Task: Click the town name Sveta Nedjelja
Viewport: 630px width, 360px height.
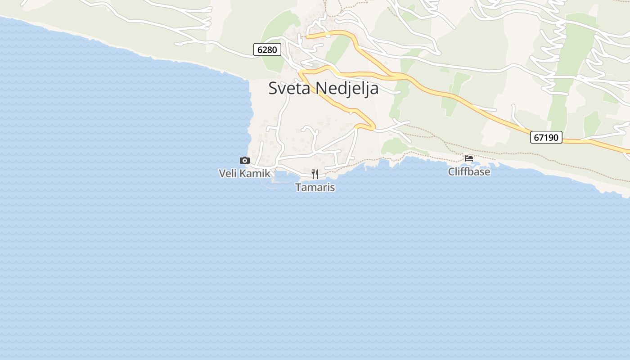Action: point(323,88)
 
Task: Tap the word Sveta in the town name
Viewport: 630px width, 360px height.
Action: point(289,88)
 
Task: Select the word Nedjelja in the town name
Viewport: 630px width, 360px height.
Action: point(347,88)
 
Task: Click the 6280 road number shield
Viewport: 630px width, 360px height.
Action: point(267,49)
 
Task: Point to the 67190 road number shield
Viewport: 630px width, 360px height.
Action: point(546,137)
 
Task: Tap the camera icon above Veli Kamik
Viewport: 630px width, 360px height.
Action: point(244,160)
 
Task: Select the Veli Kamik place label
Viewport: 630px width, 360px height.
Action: point(244,173)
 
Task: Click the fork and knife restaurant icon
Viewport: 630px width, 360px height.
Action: point(315,174)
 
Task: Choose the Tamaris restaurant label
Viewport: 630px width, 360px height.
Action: point(315,187)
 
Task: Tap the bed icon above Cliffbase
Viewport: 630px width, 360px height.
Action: point(469,158)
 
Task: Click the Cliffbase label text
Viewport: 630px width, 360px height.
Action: point(469,171)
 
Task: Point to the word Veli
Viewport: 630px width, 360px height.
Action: point(227,173)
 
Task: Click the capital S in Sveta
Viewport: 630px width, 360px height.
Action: point(273,88)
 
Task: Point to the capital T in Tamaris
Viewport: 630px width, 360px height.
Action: point(298,187)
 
